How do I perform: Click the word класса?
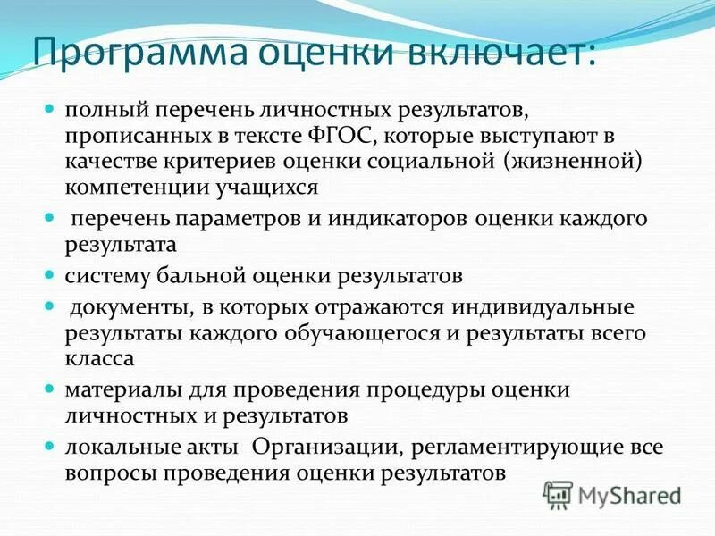click(98, 358)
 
